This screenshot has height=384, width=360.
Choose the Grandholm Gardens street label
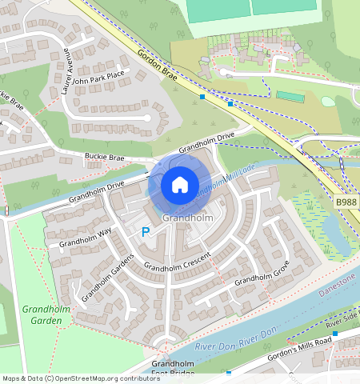click(x=101, y=282)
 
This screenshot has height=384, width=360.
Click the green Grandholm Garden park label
click(x=42, y=314)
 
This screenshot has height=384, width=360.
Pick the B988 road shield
click(x=346, y=203)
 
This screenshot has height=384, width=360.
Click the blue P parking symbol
click(x=145, y=232)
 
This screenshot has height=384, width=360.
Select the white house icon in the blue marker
click(x=180, y=185)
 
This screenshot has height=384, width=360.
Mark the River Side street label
click(x=342, y=320)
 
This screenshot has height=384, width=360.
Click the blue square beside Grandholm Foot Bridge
click(x=229, y=373)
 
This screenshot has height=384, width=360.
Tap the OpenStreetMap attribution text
click(x=80, y=378)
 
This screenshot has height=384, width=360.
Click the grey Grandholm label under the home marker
click(x=186, y=218)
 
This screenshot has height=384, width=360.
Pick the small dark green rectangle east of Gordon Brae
click(x=290, y=97)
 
